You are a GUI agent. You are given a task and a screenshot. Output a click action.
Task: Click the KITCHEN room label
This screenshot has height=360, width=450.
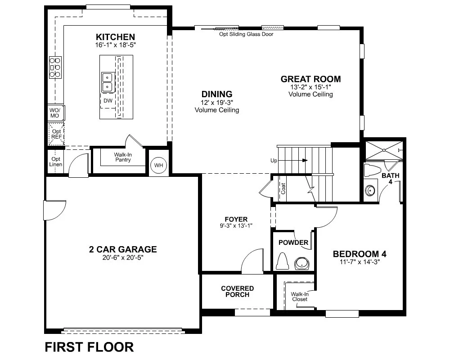point(115,37)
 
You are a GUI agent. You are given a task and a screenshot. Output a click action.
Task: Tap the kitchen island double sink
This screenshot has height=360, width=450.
point(108,82)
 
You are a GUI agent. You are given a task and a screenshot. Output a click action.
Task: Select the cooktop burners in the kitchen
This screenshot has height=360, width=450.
point(55,67)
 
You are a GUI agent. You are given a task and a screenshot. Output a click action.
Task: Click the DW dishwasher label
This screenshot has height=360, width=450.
point(108,100)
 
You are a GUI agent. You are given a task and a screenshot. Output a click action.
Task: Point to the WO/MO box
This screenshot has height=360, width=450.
point(56,113)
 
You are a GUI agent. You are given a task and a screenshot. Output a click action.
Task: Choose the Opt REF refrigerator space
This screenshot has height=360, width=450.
point(56,134)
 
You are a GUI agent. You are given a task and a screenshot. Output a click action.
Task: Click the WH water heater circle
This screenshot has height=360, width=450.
point(159,165)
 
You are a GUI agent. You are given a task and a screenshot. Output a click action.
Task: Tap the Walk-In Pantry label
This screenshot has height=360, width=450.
point(123,157)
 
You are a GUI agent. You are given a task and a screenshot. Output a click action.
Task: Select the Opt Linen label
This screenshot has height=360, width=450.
point(56,162)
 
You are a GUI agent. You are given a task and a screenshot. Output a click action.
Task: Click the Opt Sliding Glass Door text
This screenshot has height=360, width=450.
point(246,34)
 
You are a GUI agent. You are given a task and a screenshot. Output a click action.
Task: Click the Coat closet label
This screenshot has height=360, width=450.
point(283,189)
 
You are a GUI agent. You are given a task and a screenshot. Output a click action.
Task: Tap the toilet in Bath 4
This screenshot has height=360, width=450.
point(372,171)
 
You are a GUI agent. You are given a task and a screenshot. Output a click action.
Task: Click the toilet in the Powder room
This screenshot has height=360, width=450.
point(283,261)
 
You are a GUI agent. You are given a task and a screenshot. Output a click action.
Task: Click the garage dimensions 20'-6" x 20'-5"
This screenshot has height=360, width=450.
point(123,257)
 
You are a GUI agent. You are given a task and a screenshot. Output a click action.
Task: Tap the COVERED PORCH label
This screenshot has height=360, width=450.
point(237,292)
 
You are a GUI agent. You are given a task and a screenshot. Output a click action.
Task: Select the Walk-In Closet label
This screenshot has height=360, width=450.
point(300,297)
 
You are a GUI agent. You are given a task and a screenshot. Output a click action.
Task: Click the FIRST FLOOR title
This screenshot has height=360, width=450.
point(89,347)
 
